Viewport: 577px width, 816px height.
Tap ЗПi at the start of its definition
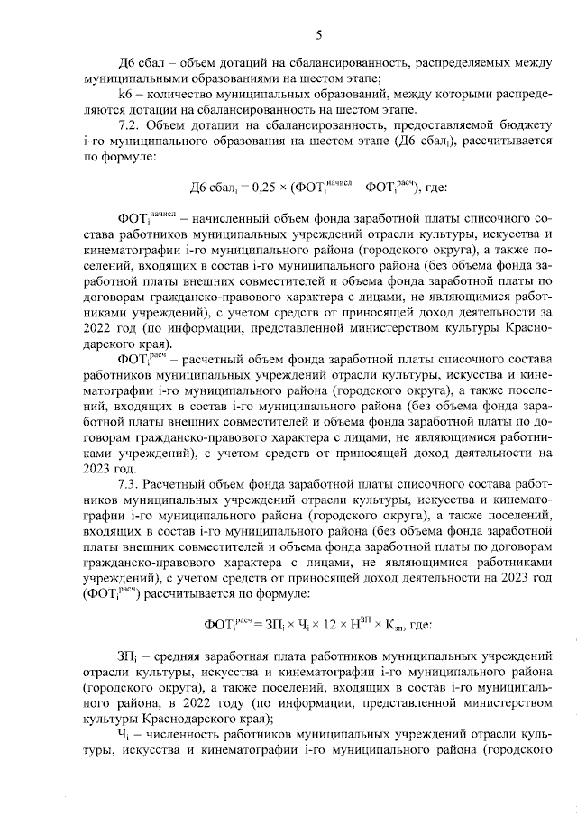click(127, 656)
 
